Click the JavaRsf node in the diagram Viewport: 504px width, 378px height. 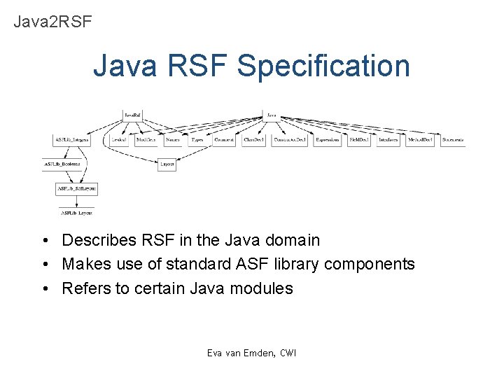coord(132,114)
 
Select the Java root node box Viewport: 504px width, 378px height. coord(272,114)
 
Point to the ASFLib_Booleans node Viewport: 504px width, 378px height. coord(62,164)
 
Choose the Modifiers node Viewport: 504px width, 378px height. coord(146,140)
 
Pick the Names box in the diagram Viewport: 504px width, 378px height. coord(172,140)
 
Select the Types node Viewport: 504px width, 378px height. coord(197,140)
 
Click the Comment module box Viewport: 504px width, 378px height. coord(225,140)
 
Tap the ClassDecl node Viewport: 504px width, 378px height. coord(253,140)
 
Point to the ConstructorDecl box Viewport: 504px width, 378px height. coord(290,140)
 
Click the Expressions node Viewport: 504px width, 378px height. coord(327,140)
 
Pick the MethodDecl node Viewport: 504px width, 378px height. coord(419,140)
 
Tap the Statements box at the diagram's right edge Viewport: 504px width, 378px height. coord(452,140)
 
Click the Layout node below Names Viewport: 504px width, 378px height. coord(167,164)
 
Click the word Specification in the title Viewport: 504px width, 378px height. coord(323,66)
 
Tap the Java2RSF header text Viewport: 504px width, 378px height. coord(52,22)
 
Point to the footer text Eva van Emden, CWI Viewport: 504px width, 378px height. coord(251,353)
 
